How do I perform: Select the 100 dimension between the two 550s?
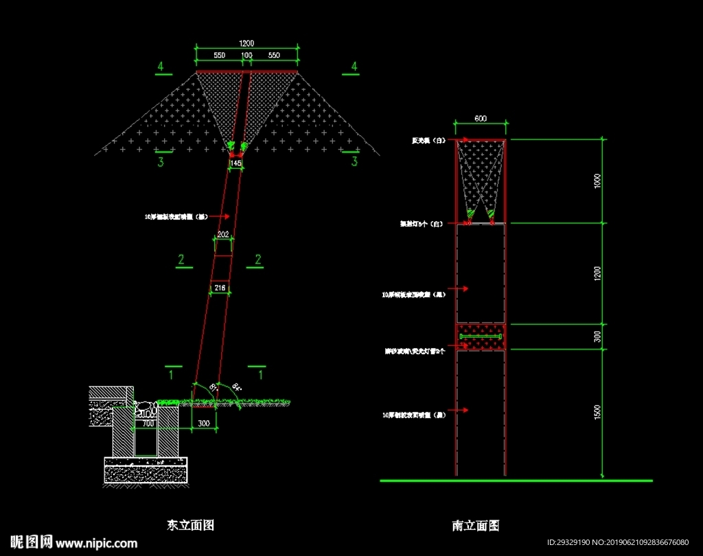246,54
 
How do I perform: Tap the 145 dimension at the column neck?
235,164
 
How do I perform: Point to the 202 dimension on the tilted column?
223,235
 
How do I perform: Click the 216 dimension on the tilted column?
220,289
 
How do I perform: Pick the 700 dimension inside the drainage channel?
148,424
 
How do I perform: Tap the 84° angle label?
238,386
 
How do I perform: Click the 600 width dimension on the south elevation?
481,119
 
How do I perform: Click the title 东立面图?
190,525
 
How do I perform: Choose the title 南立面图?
475,526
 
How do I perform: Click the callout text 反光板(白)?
428,141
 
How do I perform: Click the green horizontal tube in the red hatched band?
481,336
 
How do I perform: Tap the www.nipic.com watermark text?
97,543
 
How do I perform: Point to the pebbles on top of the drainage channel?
145,410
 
